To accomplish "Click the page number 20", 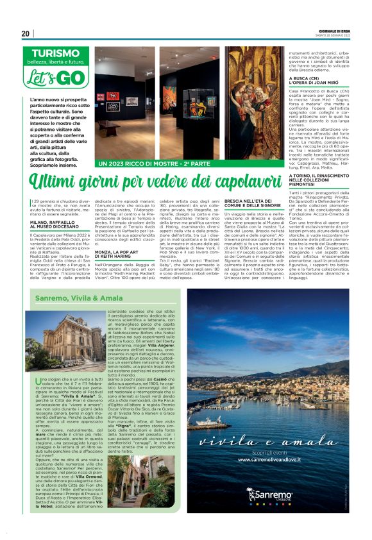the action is pyautogui.click(x=25, y=33).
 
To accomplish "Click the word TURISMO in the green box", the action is pyautogui.click(x=60, y=55).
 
